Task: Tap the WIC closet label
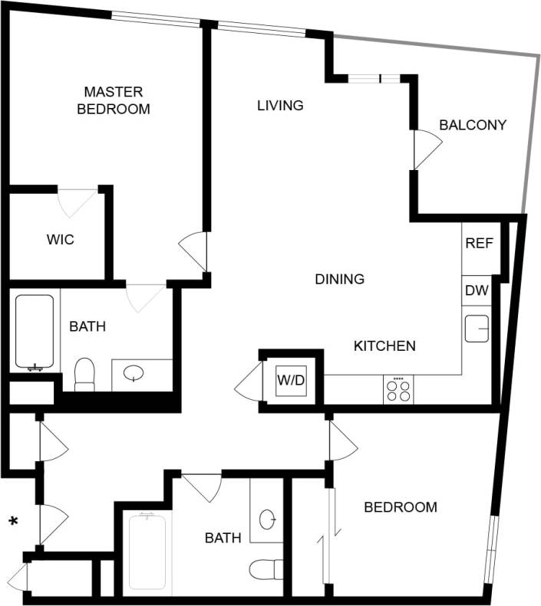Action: coord(60,240)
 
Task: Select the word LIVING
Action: coord(280,106)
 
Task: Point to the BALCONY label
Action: coord(473,125)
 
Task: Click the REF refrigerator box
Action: coord(479,244)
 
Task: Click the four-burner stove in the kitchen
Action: coord(398,390)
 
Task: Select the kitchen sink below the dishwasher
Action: coord(477,329)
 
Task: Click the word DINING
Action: coord(339,279)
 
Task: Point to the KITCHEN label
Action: coord(384,346)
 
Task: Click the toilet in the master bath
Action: coord(84,375)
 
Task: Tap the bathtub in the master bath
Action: coord(35,332)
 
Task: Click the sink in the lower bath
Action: coord(268,519)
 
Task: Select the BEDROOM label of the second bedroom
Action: coord(401,507)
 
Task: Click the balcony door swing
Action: coord(426,149)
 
